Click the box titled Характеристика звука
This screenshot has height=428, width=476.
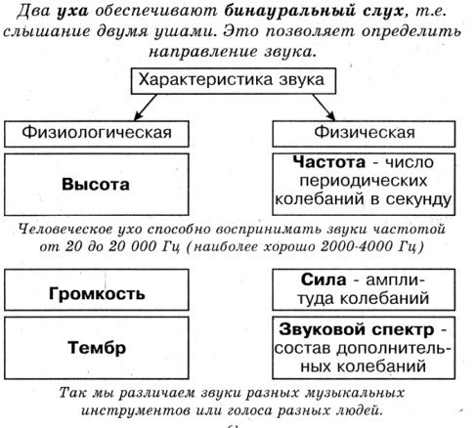(234, 81)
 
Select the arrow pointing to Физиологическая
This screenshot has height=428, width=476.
(146, 107)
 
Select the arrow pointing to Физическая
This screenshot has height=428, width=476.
(324, 107)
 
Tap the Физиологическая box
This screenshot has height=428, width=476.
(97, 134)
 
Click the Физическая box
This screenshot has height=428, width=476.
(364, 134)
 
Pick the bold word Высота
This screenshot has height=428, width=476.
(96, 185)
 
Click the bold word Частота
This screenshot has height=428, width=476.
(329, 162)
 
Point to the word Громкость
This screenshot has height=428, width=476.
(97, 294)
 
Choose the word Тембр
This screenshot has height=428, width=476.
(97, 348)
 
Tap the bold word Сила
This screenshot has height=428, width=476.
(324, 279)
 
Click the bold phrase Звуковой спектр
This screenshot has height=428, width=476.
(357, 329)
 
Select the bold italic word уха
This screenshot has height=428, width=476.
(72, 12)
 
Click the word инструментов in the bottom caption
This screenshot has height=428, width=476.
(135, 410)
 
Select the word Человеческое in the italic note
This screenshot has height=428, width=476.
(65, 230)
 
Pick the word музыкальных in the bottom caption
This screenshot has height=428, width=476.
(354, 393)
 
